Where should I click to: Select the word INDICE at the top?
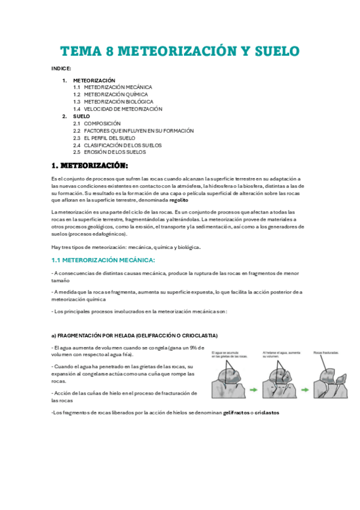[61, 69]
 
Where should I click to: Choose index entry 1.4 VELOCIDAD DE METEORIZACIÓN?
[118, 109]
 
